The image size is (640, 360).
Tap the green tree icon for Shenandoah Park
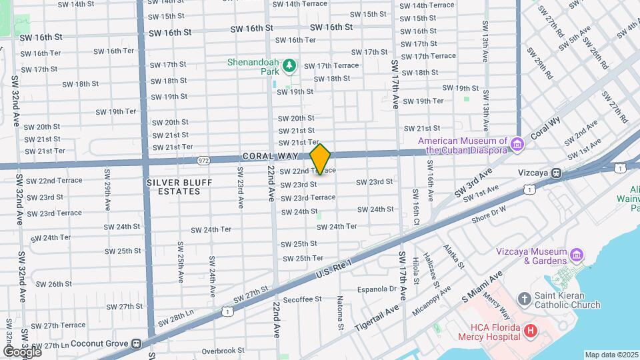tap(289, 65)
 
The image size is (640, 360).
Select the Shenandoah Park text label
tap(253, 62)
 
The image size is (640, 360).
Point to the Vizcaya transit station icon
tap(555, 173)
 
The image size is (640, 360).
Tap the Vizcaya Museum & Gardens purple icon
tap(577, 255)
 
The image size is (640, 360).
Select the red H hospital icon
tap(531, 331)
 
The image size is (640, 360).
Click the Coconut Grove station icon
tap(137, 344)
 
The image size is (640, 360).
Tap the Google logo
tap(22, 351)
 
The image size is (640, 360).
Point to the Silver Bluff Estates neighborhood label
tap(173, 186)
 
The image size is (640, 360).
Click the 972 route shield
tap(204, 160)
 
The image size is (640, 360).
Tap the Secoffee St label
tap(302, 299)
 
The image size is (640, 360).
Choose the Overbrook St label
tap(223, 350)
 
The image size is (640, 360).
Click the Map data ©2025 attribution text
tap(611, 355)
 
